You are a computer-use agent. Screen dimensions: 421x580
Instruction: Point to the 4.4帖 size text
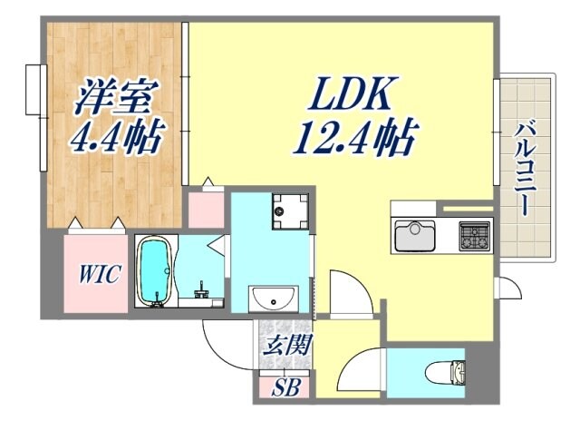click(x=118, y=138)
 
